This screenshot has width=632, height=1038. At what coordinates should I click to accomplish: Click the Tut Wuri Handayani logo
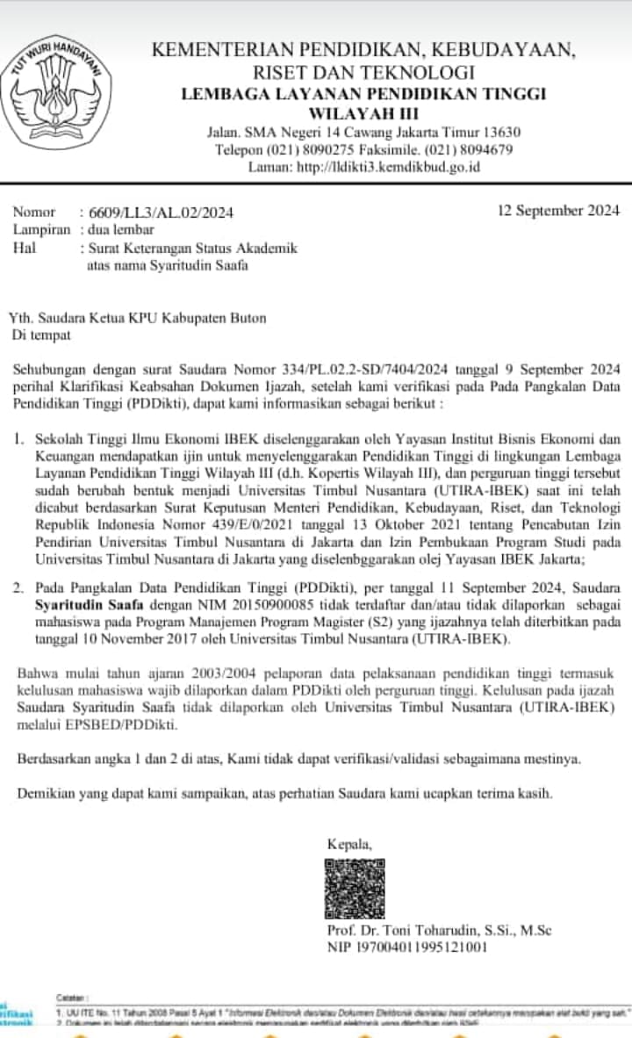pos(60,90)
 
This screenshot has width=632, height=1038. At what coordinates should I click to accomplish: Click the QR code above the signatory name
pos(355,888)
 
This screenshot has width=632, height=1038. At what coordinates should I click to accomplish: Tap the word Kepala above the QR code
pos(348,844)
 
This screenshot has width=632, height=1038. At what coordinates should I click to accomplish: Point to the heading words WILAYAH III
pos(363,113)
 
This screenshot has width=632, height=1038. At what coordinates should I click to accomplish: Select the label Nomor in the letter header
pos(33,213)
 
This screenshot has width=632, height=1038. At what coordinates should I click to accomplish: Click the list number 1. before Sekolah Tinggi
pos(21,437)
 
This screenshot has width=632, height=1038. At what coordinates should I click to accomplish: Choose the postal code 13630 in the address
pos(503,133)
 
